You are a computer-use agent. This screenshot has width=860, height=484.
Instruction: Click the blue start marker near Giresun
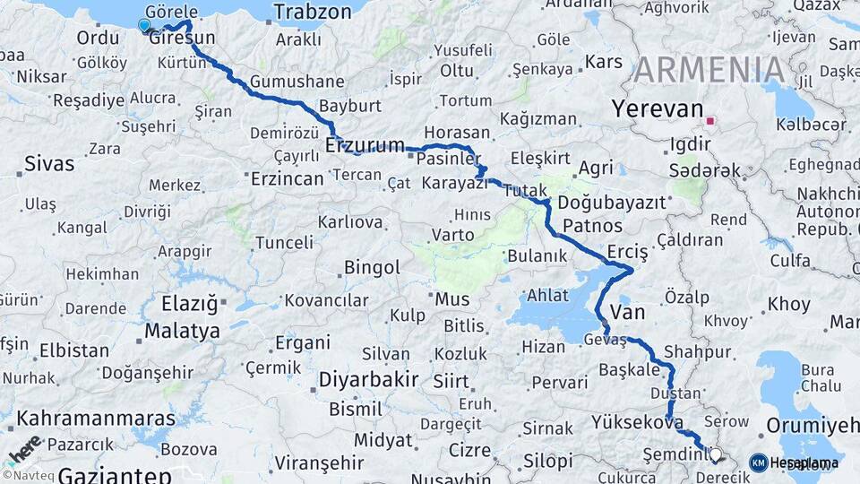(144, 26)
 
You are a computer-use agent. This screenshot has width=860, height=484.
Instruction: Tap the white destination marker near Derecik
(715, 455)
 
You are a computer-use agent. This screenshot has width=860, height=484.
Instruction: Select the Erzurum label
(365, 144)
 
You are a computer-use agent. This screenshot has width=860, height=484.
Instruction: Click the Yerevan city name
(657, 109)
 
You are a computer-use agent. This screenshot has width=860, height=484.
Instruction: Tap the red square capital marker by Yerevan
(711, 121)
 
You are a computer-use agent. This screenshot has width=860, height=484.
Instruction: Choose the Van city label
(627, 311)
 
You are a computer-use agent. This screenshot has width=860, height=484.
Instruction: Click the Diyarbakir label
(369, 379)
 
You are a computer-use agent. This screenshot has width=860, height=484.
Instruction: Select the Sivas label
(49, 163)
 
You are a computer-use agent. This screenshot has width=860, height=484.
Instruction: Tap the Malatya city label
(182, 331)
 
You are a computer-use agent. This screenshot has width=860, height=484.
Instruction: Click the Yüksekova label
(637, 422)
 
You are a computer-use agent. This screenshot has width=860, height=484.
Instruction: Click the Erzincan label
(288, 178)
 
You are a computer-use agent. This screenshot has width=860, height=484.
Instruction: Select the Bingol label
(371, 267)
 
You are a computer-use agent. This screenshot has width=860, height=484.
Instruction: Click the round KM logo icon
(758, 462)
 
